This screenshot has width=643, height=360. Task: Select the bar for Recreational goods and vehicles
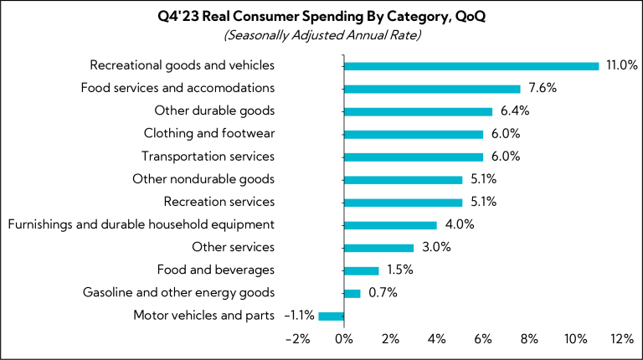click(x=471, y=65)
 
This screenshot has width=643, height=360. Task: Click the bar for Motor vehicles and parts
click(x=332, y=316)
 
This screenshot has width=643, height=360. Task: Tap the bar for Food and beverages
click(x=362, y=270)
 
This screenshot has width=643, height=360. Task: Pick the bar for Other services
click(x=379, y=248)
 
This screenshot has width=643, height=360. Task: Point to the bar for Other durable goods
click(x=418, y=111)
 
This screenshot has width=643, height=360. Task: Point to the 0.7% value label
click(x=383, y=293)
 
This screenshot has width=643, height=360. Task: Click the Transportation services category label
click(x=208, y=157)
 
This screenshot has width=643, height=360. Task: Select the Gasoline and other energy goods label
click(x=178, y=293)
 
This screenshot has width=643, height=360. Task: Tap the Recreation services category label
click(x=219, y=202)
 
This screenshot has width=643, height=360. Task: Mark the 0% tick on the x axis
click(x=344, y=338)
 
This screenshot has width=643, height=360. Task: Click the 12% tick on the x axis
click(x=622, y=338)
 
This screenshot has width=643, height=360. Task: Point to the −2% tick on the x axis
click(x=297, y=338)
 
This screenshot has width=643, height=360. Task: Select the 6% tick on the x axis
click(x=483, y=338)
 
